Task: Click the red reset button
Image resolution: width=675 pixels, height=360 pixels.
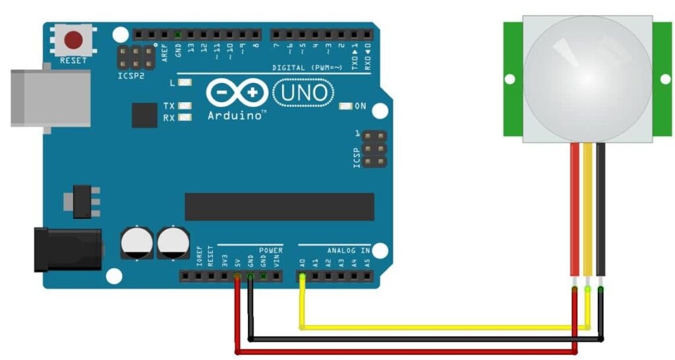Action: (x=73, y=41)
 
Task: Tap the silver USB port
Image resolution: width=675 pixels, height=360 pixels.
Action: (x=50, y=98)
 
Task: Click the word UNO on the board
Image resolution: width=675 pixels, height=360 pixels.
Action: (x=303, y=93)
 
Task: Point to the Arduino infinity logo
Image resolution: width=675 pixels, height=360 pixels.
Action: (x=237, y=93)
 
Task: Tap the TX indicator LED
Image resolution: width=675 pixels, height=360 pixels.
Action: (x=185, y=105)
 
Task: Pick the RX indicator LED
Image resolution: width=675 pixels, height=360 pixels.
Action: (x=185, y=117)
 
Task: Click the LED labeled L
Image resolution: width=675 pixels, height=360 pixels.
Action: (x=185, y=82)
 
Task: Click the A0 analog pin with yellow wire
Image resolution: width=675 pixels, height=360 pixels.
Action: (x=302, y=277)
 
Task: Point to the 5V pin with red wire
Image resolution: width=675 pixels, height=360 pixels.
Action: (x=237, y=277)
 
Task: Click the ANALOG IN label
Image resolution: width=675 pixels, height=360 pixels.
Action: (x=348, y=251)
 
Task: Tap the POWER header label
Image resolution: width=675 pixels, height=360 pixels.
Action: (x=270, y=251)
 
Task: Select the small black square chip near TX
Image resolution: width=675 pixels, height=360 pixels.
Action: (x=144, y=115)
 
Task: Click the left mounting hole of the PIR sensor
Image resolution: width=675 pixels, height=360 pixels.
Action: (x=510, y=79)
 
